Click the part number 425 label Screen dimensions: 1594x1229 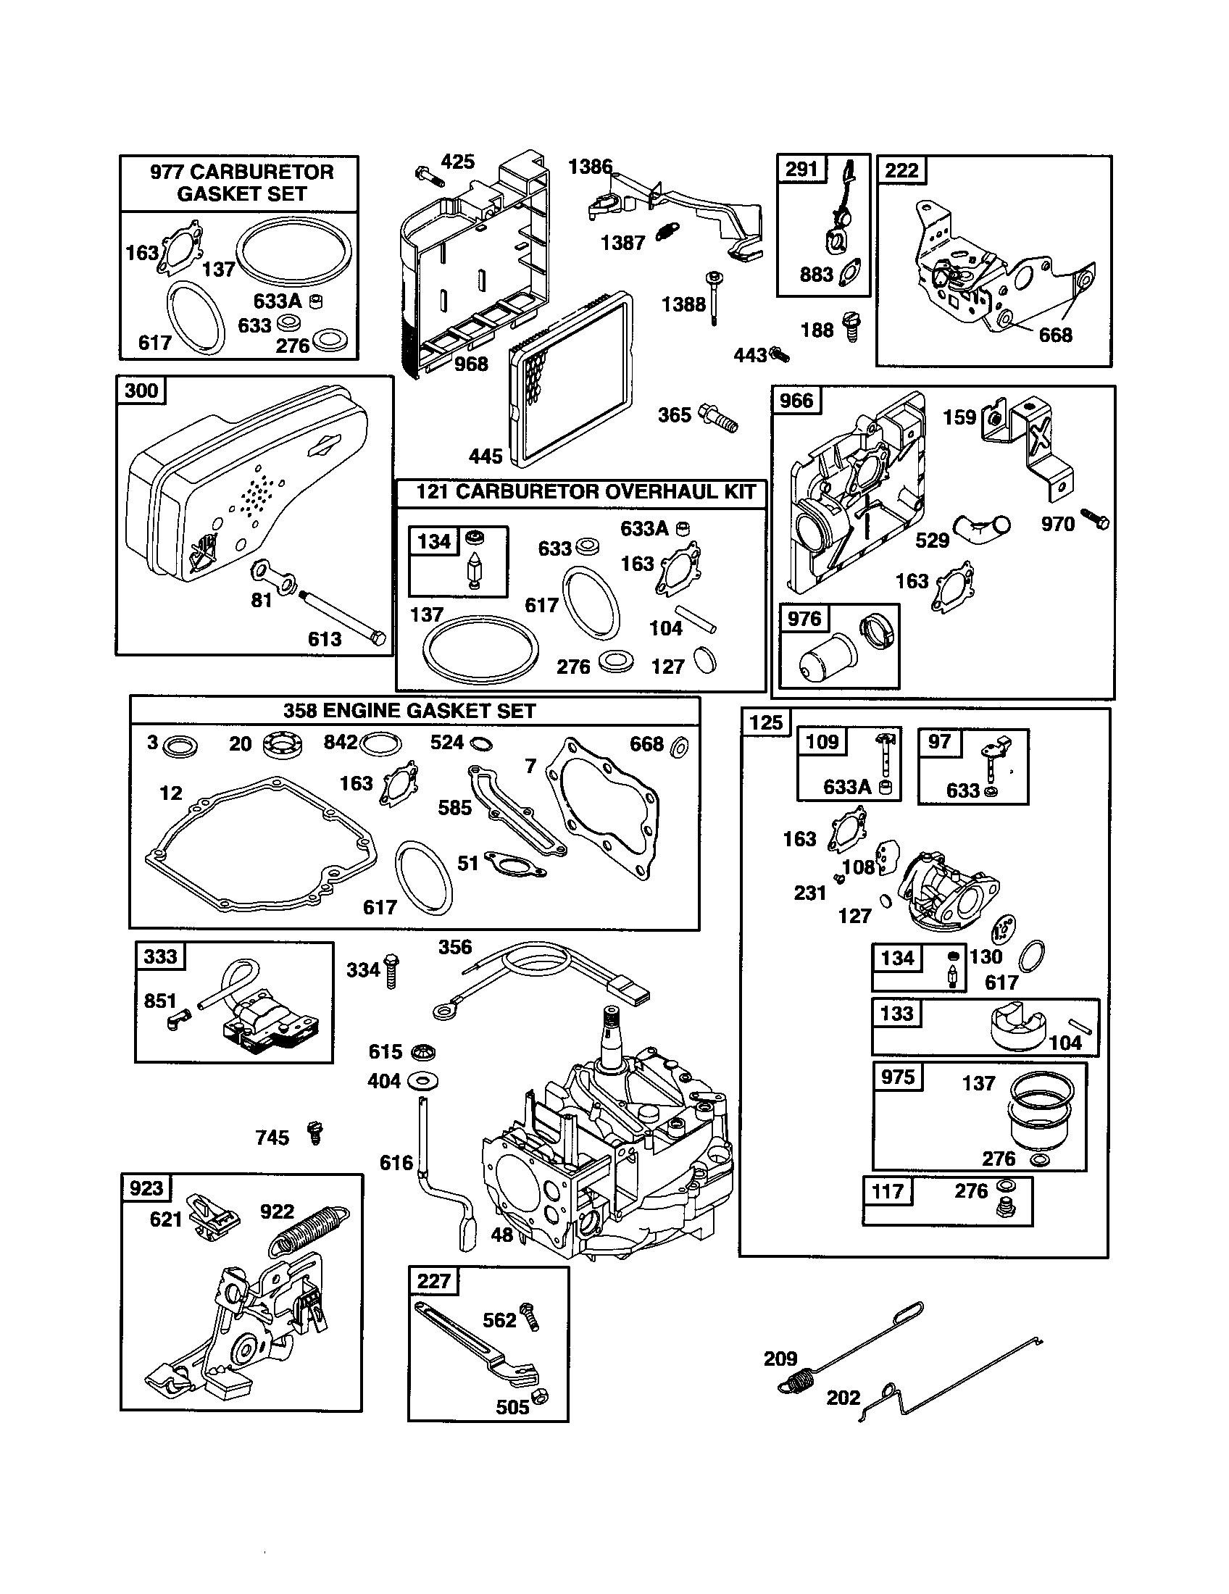pyautogui.click(x=457, y=162)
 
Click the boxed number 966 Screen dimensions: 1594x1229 pyautogui.click(x=796, y=401)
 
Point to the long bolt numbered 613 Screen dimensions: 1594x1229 pyautogui.click(x=343, y=617)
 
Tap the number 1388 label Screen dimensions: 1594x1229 pyautogui.click(x=683, y=304)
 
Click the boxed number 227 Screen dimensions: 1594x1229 pyautogui.click(x=433, y=1281)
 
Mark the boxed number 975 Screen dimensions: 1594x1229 pyautogui.click(x=897, y=1077)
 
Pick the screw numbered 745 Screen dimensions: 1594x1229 pyautogui.click(x=315, y=1133)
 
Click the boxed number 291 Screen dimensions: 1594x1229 pyautogui.click(x=801, y=170)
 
